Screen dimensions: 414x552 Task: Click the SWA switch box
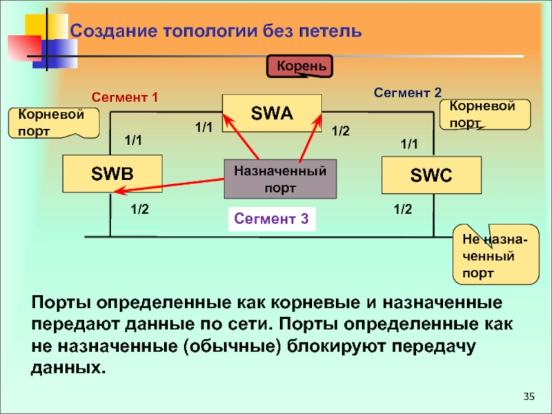[272, 113]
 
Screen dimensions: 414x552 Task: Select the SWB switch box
[112, 174]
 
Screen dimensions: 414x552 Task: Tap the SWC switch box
[431, 175]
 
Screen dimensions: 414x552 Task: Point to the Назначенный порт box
[280, 178]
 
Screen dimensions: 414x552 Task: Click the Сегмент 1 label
[125, 98]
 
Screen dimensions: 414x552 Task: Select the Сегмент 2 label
[407, 92]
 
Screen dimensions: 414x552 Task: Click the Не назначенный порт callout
[495, 255]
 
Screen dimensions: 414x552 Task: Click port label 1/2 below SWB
[140, 209]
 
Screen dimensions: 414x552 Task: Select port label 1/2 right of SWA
[341, 130]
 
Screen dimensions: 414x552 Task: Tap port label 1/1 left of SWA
[204, 127]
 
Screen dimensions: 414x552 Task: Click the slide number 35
[529, 396]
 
